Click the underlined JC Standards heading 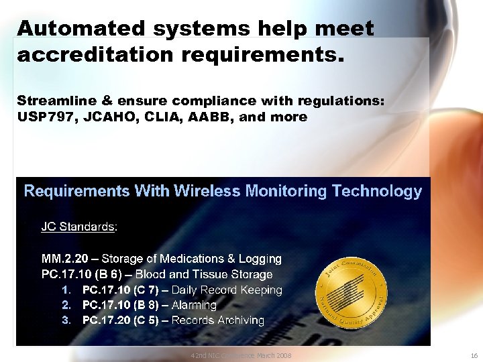[78, 227]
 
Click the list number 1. [66, 290]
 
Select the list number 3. [66, 320]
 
